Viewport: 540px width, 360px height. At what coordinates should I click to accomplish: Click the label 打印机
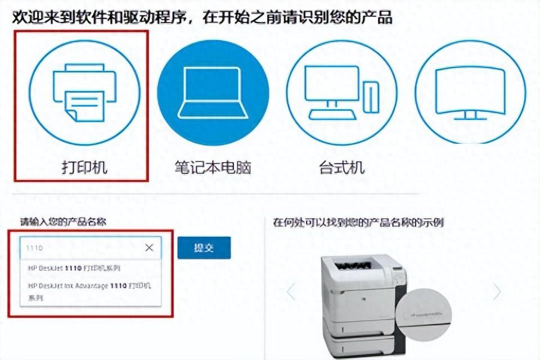pos(84,167)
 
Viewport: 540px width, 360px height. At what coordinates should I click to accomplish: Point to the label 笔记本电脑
pos(212,167)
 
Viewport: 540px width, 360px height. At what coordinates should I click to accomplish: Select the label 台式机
pos(341,167)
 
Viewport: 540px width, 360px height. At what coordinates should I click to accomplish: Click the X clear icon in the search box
pos(149,247)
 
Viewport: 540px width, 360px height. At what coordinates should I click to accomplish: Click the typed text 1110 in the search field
pos(35,248)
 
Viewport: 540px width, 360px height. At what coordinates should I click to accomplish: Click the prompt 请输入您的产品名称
pos(63,222)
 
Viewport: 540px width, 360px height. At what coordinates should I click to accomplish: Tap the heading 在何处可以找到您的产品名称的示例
pos(358,222)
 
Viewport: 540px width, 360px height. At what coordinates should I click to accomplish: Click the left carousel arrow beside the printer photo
pos(291,291)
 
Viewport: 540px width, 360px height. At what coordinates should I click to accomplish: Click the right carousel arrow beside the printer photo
pos(497,291)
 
